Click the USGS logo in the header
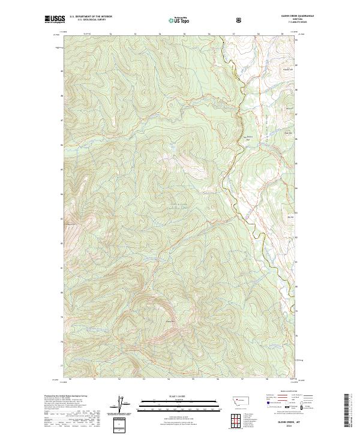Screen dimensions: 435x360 54,20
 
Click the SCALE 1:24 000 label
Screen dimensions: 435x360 170,396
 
